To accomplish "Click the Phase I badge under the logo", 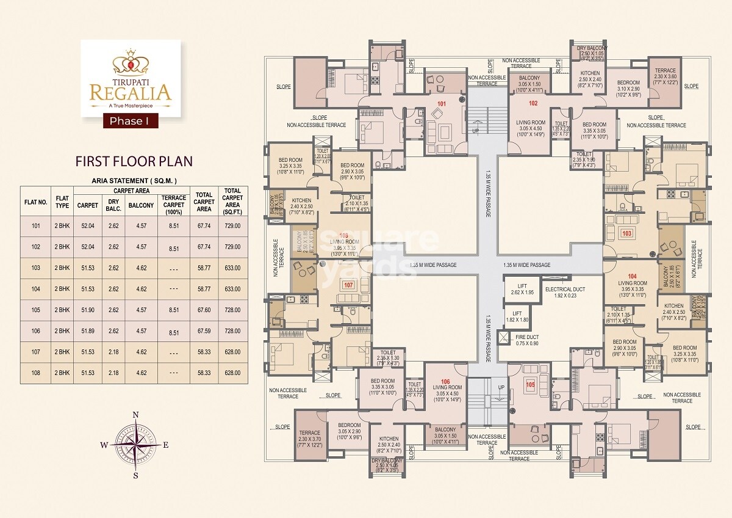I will point(129,121).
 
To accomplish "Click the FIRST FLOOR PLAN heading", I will point(134,161).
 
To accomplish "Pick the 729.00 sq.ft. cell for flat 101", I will point(232,225).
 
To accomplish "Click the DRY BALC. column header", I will point(114,205).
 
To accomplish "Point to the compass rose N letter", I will point(135,415).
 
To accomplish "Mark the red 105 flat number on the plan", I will point(530,385).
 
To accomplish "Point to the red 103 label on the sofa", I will point(626,233).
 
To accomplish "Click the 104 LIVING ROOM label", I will point(632,283).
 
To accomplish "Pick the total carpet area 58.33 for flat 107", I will point(203,352).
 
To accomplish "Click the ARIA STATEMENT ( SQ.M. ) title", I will point(134,181).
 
